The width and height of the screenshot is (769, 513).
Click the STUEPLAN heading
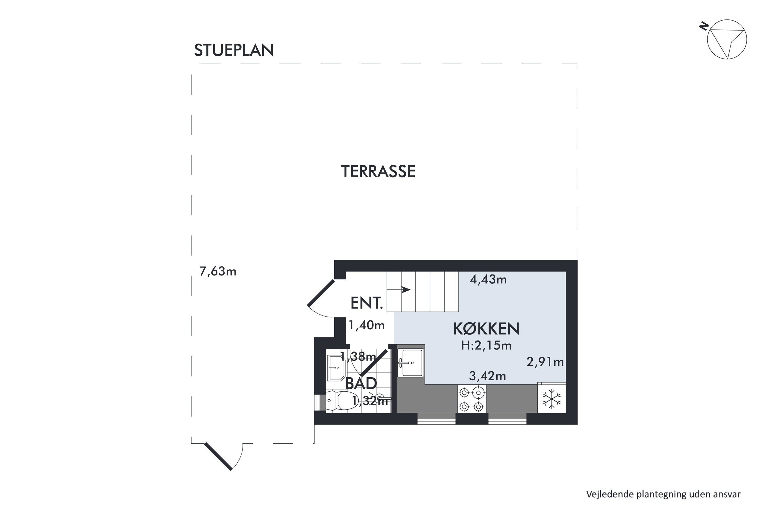pyautogui.click(x=234, y=50)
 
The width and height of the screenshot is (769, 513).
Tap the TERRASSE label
pyautogui.click(x=378, y=171)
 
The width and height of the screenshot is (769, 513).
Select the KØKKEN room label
pyautogui.click(x=486, y=329)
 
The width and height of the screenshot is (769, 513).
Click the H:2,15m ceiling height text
pyautogui.click(x=486, y=346)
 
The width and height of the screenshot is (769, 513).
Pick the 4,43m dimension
pyautogui.click(x=488, y=279)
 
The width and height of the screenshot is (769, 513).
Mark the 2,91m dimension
pyautogui.click(x=545, y=362)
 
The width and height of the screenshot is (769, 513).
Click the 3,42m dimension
pyautogui.click(x=488, y=376)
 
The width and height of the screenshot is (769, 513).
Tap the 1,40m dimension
pyautogui.click(x=367, y=325)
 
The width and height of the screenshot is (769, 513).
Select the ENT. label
pyautogui.click(x=367, y=303)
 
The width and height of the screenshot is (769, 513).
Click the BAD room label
pyautogui.click(x=361, y=383)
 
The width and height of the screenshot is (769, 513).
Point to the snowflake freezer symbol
pyautogui.click(x=552, y=399)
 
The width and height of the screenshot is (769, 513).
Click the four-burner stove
pyautogui.click(x=471, y=399)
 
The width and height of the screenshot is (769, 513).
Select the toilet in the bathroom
pyautogui.click(x=342, y=400)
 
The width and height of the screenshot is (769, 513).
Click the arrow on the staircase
pyautogui.click(x=399, y=290)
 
